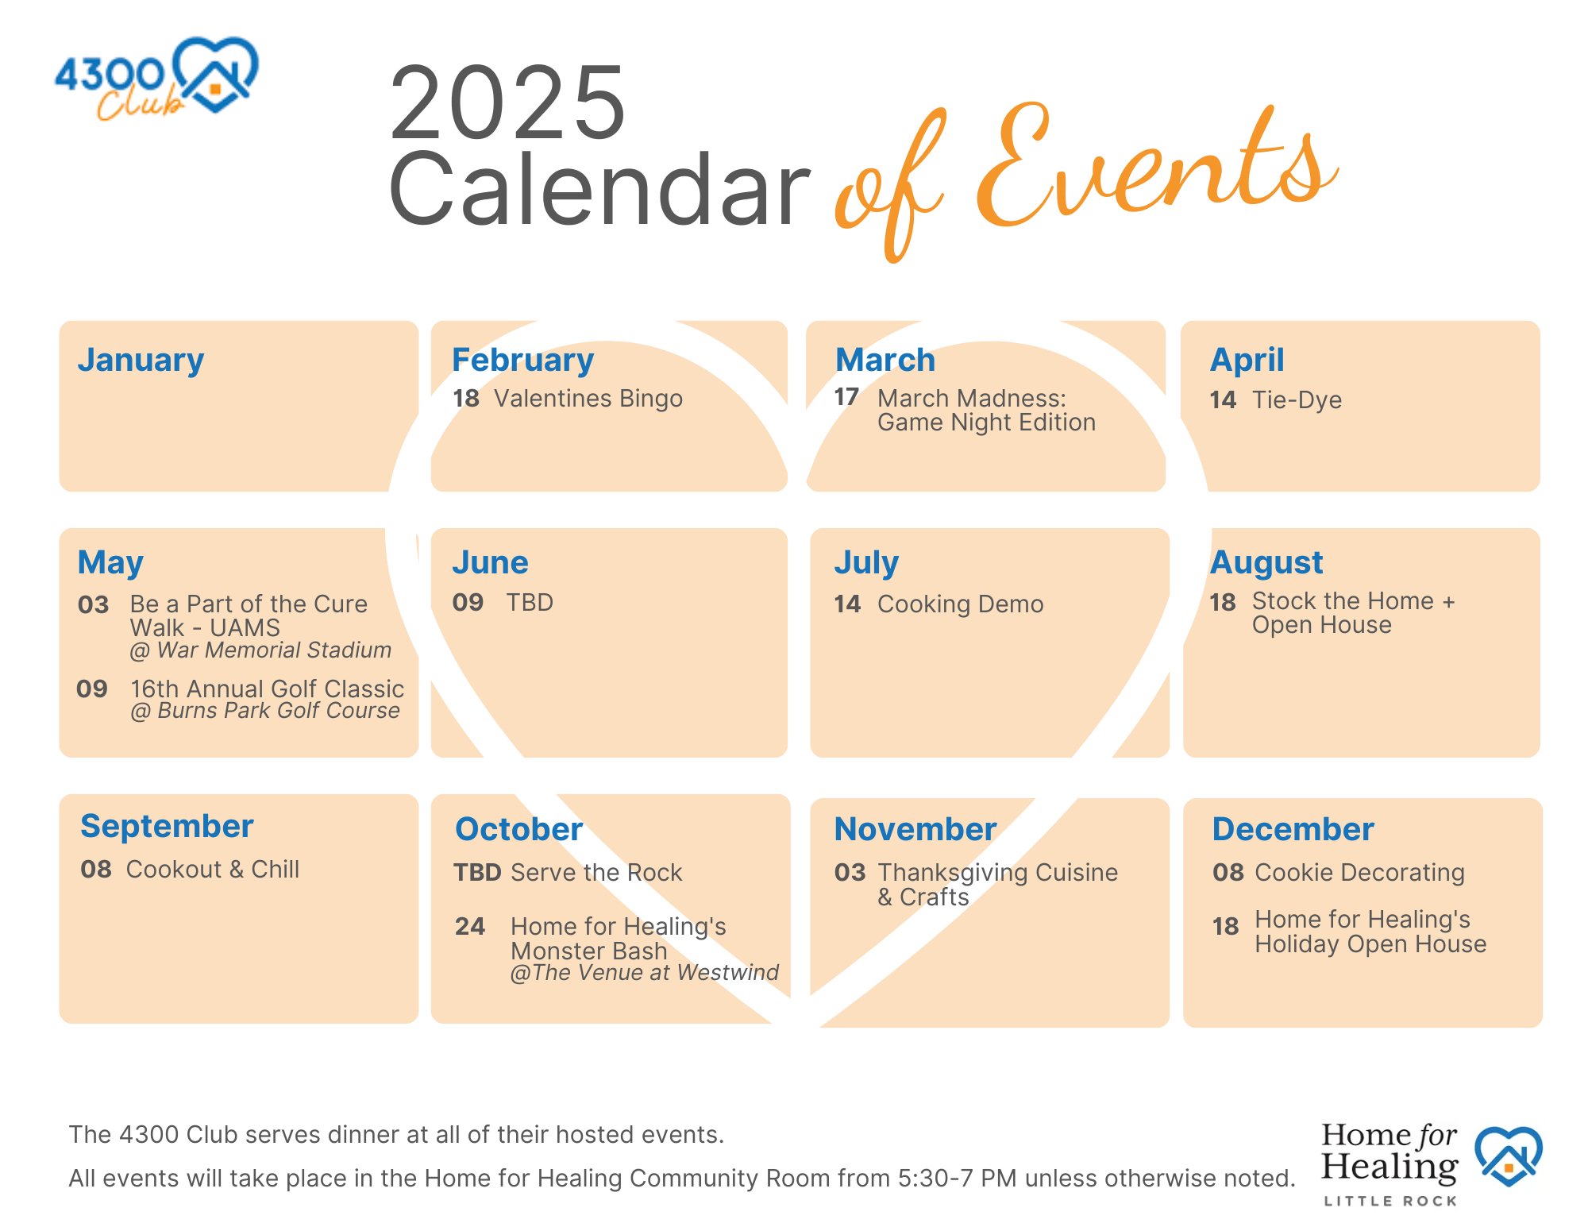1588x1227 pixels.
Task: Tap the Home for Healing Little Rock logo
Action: [x=1430, y=1163]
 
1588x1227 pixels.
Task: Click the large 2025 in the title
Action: [x=508, y=103]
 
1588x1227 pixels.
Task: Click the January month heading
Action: [x=141, y=360]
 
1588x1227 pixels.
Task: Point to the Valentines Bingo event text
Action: [x=588, y=398]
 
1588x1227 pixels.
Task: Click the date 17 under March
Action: [x=846, y=396]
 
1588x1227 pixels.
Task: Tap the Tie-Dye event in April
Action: [x=1297, y=399]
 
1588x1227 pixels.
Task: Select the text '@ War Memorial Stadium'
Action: [x=260, y=650]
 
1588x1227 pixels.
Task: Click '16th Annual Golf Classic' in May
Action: [x=267, y=689]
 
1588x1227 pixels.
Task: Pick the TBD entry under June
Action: [x=530, y=603]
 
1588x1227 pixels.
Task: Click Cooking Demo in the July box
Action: [x=960, y=604]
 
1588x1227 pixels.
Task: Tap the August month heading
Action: [x=1266, y=562]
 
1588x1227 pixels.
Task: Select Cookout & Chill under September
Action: [x=213, y=869]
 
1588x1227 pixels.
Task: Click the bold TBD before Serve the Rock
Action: [x=477, y=873]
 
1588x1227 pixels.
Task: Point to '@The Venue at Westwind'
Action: [x=644, y=973]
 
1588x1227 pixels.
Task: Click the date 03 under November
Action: [x=850, y=873]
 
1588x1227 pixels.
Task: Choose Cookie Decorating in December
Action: [x=1359, y=873]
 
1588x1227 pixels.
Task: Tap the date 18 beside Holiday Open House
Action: [x=1225, y=927]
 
